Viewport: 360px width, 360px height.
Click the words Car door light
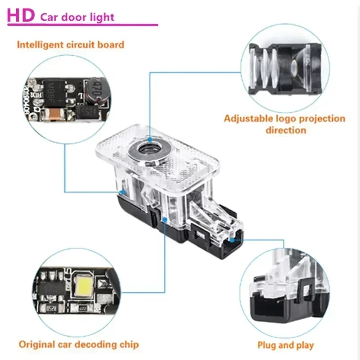pyautogui.click(x=78, y=18)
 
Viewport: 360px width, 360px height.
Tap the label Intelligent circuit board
pyautogui.click(x=71, y=45)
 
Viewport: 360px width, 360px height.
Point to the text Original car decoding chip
pyautogui.click(x=79, y=344)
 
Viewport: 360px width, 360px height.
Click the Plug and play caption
pyautogui.click(x=285, y=345)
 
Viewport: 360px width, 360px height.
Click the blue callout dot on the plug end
pyautogui.click(x=231, y=241)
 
